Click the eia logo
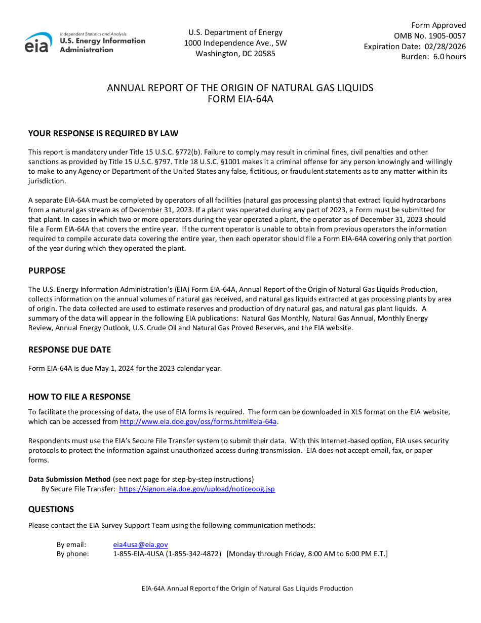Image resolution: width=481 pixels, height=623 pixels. (38, 43)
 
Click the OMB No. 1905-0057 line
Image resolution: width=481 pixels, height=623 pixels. (430, 36)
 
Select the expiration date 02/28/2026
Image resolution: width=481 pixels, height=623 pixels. (445, 47)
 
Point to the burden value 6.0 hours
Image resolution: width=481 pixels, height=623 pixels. (449, 57)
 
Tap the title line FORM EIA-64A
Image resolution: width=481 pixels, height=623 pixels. (240, 99)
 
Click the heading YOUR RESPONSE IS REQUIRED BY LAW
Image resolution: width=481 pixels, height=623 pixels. (103, 134)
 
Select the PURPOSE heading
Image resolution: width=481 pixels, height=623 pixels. (47, 271)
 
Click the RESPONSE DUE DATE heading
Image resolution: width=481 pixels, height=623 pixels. (69, 350)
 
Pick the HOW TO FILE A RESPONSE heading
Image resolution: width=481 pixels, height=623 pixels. (79, 397)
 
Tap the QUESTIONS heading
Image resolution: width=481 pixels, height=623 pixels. (51, 510)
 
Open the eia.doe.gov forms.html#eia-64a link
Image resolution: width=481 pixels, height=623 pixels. (198, 422)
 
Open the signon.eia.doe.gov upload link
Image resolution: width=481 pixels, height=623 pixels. (197, 489)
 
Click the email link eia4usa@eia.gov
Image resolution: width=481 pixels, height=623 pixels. (140, 545)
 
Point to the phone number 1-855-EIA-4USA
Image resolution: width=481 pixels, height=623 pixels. (167, 554)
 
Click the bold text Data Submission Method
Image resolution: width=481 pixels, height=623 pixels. (69, 479)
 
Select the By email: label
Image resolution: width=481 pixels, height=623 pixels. (71, 545)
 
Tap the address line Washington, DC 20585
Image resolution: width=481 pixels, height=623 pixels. (235, 54)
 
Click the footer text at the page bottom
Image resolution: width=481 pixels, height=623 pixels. (247, 589)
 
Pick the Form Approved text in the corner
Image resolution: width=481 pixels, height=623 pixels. (438, 25)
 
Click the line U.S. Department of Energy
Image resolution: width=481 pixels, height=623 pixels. (235, 32)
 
